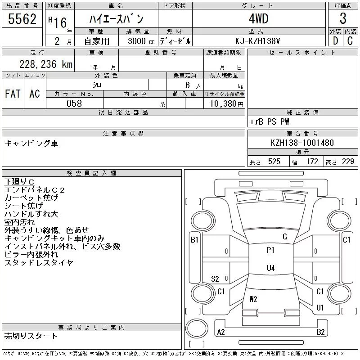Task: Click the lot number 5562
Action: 22,19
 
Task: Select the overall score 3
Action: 343,19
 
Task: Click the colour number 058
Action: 74,103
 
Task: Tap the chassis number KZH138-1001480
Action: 302,143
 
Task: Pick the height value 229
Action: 348,162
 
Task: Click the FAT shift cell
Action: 13,94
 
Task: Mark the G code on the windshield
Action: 285,237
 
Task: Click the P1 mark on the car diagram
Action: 270,250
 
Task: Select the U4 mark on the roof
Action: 270,268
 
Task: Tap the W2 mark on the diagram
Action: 253,299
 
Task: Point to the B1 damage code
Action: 194,240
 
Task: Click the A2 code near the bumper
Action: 221,332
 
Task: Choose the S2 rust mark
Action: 215,279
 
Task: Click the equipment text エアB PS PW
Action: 270,121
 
